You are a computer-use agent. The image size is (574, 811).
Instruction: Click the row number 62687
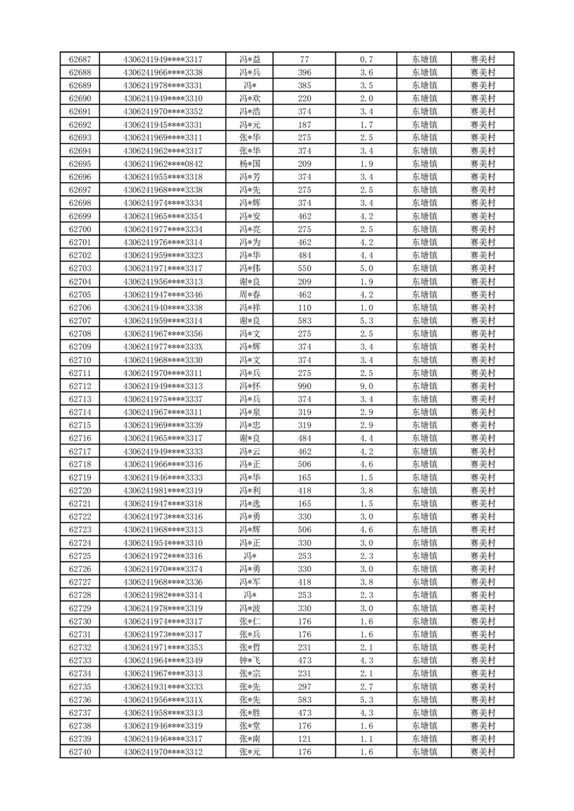pos(80,59)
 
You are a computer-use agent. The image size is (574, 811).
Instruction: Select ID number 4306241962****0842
pos(163,163)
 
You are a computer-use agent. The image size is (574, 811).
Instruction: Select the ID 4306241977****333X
pos(163,347)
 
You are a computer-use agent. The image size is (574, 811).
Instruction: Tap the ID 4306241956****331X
pos(163,700)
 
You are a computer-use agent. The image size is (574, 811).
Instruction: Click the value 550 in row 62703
pos(304,268)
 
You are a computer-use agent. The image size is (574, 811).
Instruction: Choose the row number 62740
pos(80,752)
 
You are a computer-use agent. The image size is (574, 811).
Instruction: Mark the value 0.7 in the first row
pos(366,59)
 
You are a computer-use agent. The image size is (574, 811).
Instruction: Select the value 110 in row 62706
pos(304,307)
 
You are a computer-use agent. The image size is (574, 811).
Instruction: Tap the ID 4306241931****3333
pos(163,687)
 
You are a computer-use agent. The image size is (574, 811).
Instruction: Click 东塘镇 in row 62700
pos(424,229)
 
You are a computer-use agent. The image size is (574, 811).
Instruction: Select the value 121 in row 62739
pos(304,739)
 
